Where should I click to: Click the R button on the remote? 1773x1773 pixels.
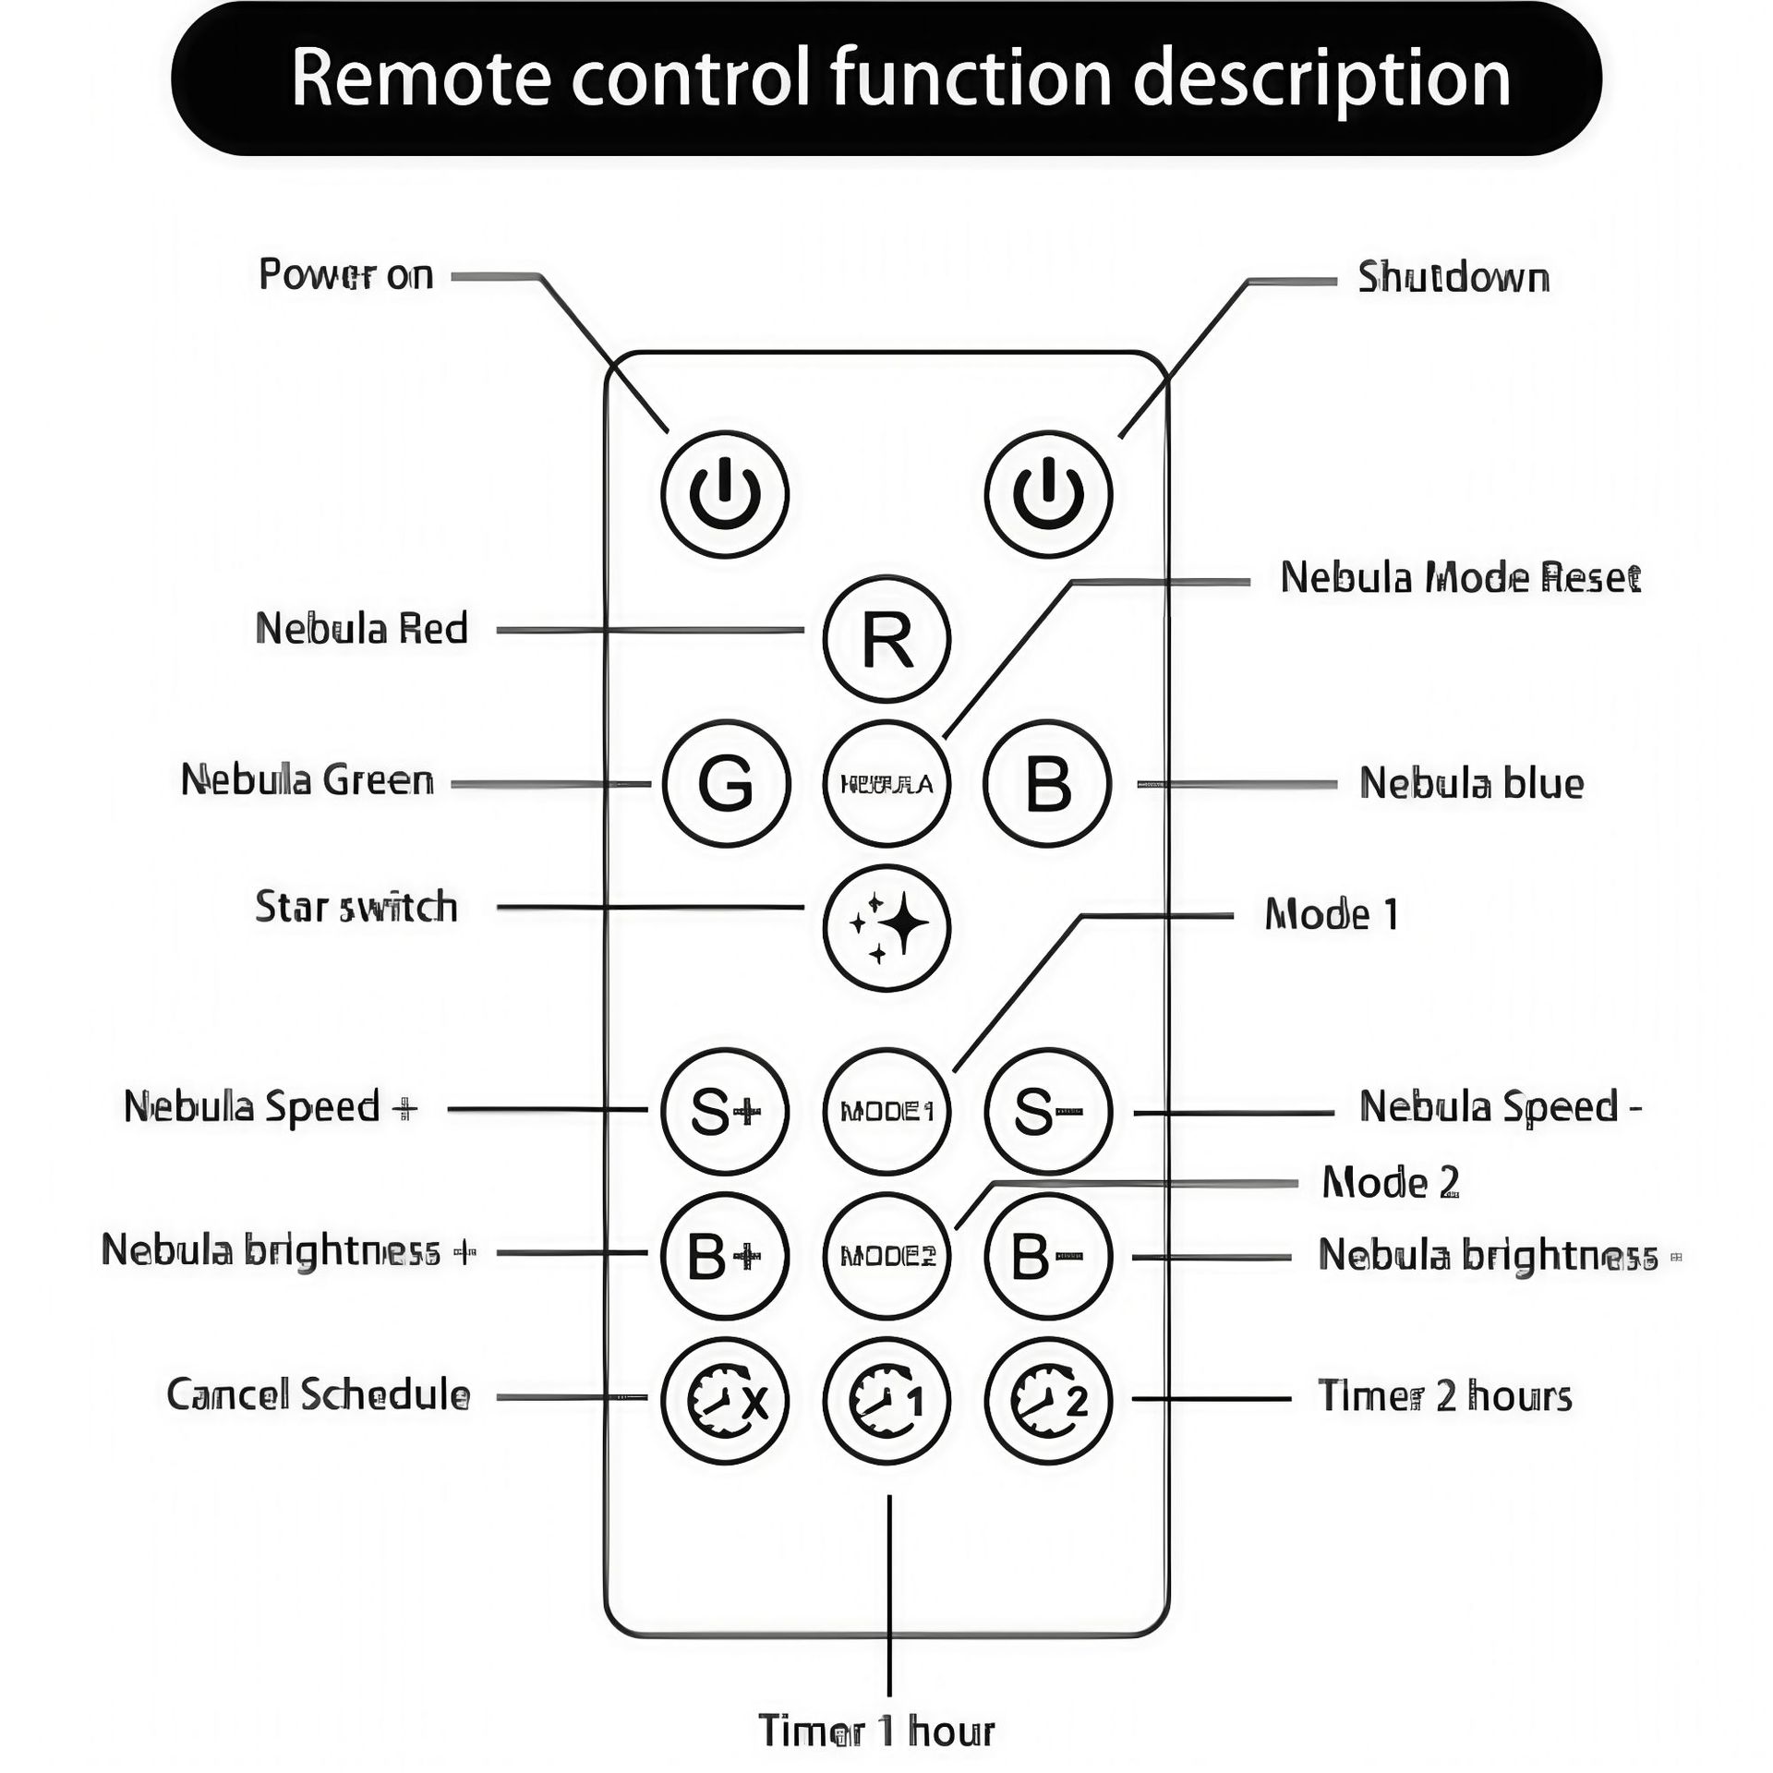click(886, 638)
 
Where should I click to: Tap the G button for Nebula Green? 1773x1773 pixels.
click(726, 784)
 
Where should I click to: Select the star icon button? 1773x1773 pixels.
click(886, 927)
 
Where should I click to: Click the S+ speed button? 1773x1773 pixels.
click(726, 1111)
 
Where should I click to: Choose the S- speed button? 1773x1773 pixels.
click(1048, 1111)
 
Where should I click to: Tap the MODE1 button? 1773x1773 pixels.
click(886, 1111)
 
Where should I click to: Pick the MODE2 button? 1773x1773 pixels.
click(886, 1256)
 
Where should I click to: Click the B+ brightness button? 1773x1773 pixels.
click(726, 1256)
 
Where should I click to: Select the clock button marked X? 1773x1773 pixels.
click(726, 1401)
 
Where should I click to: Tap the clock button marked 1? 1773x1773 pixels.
click(886, 1401)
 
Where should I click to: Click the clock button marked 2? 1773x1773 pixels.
click(1048, 1401)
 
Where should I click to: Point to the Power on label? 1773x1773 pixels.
click(345, 275)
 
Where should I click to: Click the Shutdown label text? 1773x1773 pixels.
click(1453, 278)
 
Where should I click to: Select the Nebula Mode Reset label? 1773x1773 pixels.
click(1460, 578)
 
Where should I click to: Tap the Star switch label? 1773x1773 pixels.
click(356, 907)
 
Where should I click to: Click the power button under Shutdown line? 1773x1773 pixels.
click(1048, 494)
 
